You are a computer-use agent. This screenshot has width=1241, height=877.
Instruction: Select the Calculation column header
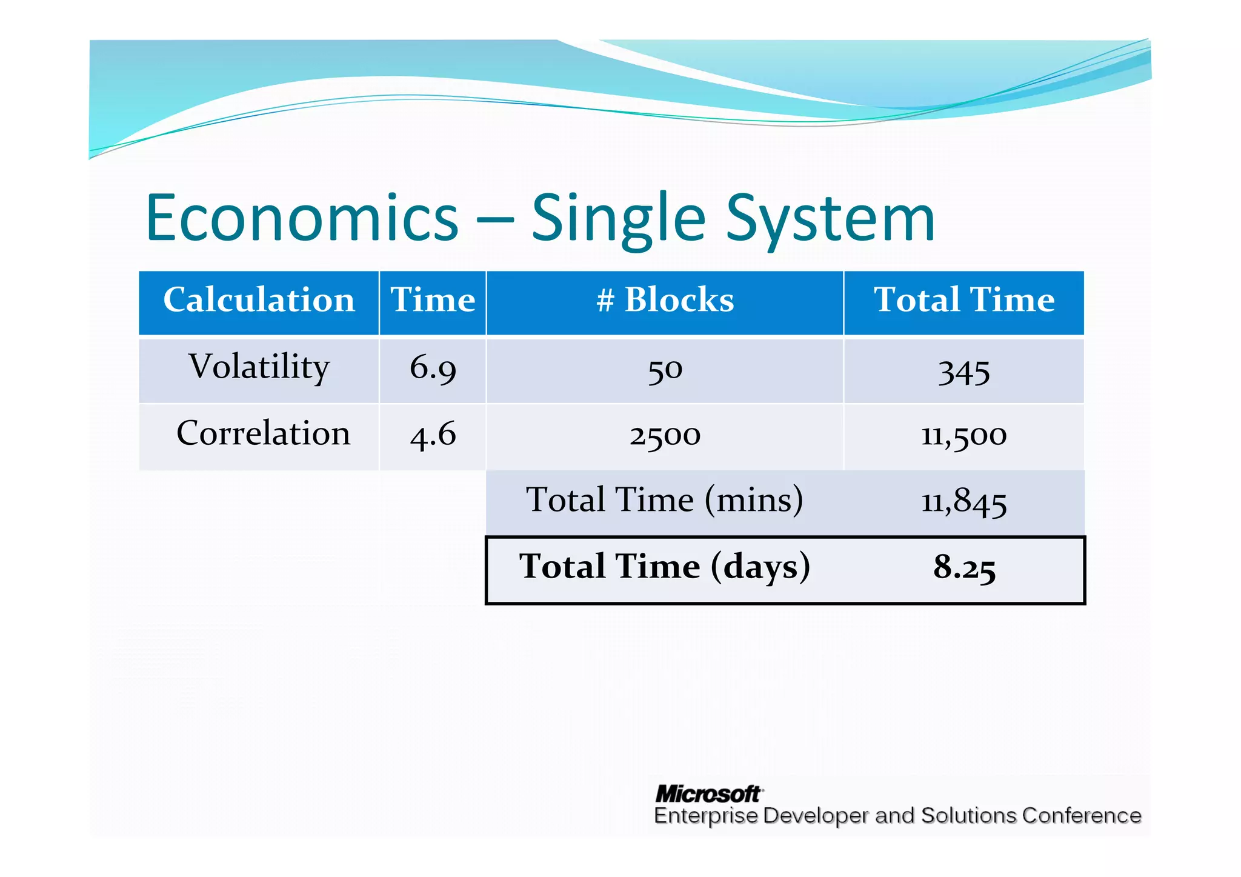259,300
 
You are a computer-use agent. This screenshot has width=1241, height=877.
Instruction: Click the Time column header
433,300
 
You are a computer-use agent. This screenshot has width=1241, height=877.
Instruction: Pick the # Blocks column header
665,300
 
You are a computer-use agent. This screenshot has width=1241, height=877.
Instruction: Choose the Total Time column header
963,300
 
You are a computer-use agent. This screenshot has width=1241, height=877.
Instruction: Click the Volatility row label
259,367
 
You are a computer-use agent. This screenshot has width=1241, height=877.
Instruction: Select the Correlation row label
263,434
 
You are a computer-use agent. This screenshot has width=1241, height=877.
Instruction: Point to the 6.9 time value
433,368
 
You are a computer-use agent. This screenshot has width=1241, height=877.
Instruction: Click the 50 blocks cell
665,370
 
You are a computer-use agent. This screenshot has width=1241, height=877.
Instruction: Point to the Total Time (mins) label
665,501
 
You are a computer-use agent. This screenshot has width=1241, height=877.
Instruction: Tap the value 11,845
963,502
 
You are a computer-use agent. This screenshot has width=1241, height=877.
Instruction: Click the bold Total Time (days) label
665,567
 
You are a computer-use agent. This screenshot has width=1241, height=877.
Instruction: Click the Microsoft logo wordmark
708,793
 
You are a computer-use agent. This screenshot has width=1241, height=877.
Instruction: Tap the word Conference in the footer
1081,816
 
